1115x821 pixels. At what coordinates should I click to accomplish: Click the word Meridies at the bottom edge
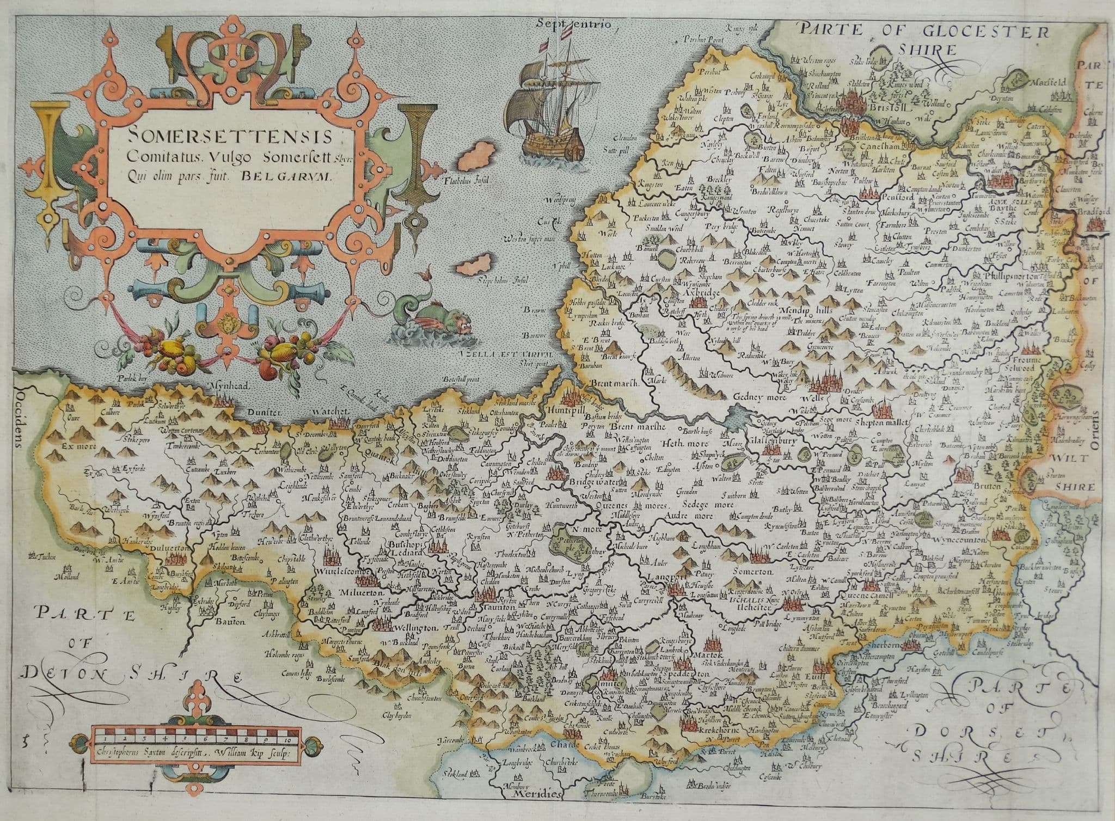536,810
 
